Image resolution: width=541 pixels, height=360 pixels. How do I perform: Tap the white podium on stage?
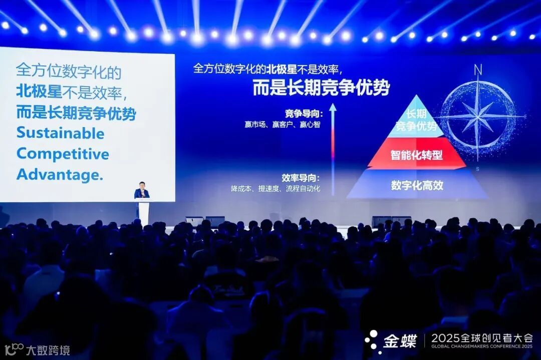144,210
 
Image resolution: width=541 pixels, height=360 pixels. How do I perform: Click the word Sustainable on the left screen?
60,133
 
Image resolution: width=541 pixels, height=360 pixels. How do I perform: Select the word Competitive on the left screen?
63,154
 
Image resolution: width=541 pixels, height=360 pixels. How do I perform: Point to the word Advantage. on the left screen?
60,174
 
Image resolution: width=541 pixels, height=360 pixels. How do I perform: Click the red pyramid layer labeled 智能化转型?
416,155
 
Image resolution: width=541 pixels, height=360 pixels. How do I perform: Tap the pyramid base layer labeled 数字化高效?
417,185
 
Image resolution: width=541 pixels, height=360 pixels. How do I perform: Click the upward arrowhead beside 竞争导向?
333,107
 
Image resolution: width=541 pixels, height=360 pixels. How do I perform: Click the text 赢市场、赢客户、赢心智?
282,124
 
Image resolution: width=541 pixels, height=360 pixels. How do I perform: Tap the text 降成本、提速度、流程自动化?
275,189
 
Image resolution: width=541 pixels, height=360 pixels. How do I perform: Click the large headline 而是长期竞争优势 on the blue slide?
321,88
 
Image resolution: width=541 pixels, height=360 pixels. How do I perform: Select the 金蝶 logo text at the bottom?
400,341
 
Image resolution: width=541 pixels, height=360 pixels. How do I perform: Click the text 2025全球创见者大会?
481,338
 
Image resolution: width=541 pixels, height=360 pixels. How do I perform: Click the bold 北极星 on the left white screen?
37,92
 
